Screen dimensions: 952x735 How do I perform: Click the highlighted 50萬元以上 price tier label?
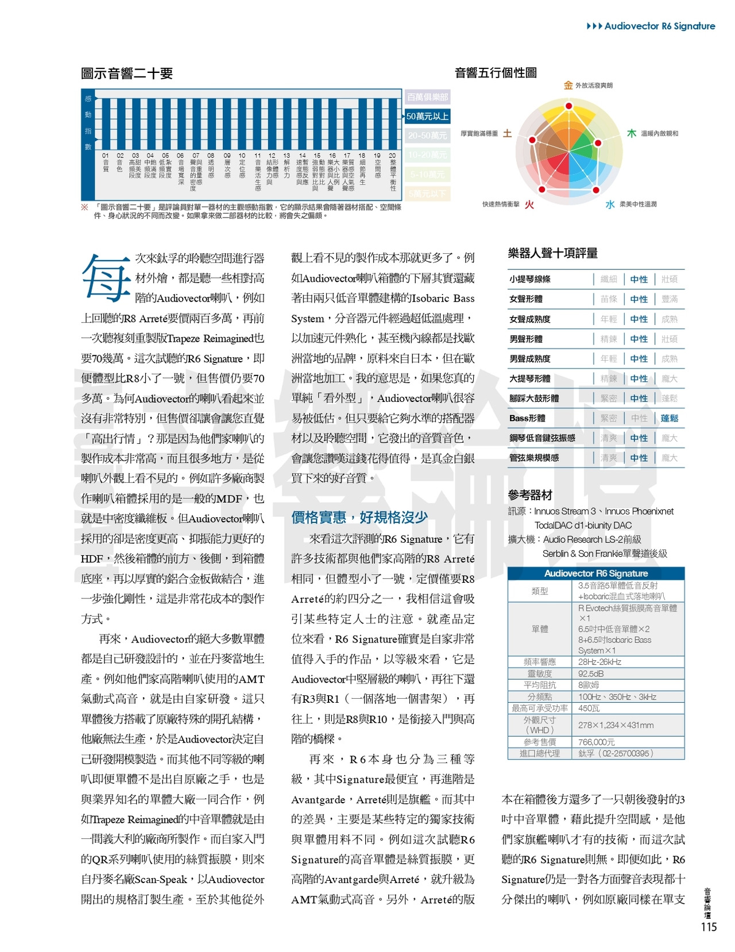point(427,116)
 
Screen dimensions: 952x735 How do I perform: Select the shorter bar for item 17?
point(347,129)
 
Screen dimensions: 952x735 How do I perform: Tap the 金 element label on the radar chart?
point(568,86)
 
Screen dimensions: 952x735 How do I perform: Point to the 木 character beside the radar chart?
point(631,133)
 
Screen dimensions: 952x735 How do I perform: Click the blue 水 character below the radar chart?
point(610,204)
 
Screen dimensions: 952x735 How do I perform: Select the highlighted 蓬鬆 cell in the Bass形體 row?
point(670,418)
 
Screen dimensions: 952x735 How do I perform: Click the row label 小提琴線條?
point(530,279)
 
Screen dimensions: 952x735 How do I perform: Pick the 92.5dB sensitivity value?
point(591,674)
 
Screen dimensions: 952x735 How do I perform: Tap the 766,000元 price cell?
point(596,742)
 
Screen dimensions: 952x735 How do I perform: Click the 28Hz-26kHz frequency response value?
point(599,662)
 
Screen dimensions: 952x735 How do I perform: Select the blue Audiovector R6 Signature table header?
point(595,573)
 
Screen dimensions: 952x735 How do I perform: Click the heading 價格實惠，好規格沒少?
point(359,517)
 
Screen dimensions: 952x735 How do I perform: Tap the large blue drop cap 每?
point(106,278)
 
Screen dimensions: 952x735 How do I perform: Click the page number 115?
point(709,927)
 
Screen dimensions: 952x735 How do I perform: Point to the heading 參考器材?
point(530,495)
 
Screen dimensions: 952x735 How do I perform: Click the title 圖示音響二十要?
point(127,73)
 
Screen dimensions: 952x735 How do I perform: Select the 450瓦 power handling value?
point(589,708)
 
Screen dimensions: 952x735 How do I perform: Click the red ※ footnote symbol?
point(84,207)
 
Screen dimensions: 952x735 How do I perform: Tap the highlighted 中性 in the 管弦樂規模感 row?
point(639,458)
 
